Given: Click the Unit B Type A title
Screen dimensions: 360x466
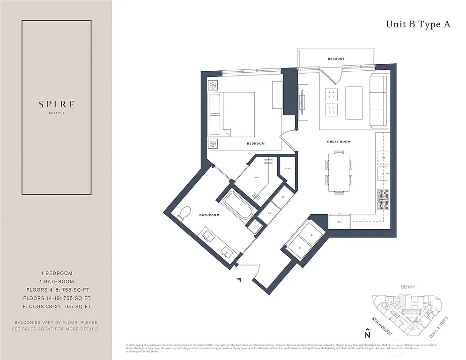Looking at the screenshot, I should point(418,25).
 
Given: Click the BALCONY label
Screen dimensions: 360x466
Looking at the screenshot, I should point(336,59).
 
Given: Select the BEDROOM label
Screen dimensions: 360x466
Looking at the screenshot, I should point(256,143).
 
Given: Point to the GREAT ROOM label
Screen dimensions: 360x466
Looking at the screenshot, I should point(339,142).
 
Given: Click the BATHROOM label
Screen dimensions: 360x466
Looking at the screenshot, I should point(209,215).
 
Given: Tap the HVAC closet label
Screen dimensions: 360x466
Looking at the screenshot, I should point(288,169).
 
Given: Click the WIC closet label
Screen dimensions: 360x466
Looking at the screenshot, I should point(257,178).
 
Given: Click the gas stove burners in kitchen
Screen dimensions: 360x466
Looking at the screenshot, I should point(383,200).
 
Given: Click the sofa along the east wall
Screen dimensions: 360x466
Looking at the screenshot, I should point(378,101).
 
